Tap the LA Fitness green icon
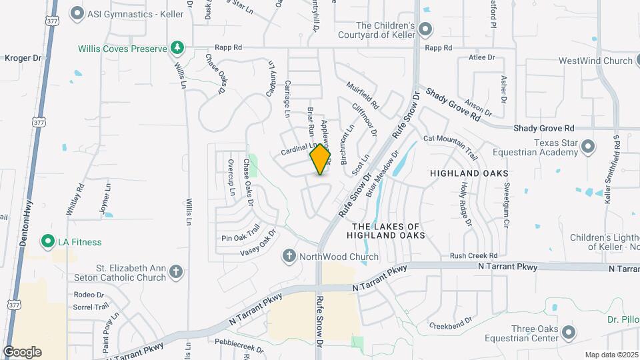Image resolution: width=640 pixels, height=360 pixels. click(x=47, y=241)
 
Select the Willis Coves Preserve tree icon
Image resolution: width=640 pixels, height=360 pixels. click(x=177, y=47)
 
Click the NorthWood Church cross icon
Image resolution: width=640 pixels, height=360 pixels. click(x=289, y=256)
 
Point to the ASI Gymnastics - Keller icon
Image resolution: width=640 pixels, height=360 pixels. click(x=77, y=13)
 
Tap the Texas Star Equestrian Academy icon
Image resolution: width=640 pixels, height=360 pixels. click(x=587, y=146)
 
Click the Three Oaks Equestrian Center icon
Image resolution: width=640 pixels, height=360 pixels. click(x=569, y=332)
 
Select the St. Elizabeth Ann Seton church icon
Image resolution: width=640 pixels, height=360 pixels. click(x=175, y=271)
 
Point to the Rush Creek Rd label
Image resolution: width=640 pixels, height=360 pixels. click(x=473, y=255)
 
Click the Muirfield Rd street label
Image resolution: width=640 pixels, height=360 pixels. click(x=363, y=96)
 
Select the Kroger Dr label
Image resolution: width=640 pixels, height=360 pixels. click(x=23, y=58)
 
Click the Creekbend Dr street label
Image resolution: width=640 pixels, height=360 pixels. click(x=451, y=326)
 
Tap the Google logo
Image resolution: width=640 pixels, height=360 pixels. click(x=22, y=352)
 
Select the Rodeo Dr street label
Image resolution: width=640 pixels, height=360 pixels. click(x=89, y=295)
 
